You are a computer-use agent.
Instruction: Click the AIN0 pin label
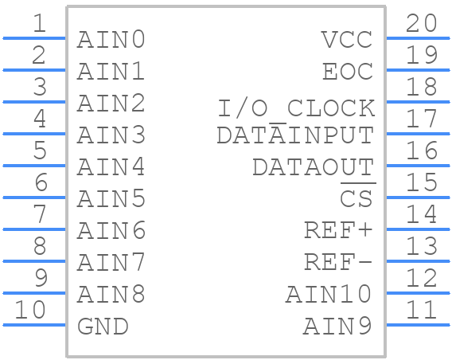[111, 40]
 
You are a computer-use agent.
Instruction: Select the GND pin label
[103, 327]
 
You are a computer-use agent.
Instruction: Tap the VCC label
[347, 40]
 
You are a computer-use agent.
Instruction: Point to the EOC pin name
[348, 72]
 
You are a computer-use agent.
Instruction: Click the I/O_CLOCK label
[296, 108]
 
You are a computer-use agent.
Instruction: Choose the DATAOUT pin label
[313, 167]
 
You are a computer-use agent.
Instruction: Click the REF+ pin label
[338, 230]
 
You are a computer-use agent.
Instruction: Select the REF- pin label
[338, 263]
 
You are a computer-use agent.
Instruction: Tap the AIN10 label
[329, 294]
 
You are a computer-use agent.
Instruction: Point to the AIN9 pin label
[337, 327]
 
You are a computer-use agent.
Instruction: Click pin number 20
[421, 23]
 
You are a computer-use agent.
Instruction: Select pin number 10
[30, 310]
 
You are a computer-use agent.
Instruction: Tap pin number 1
[40, 23]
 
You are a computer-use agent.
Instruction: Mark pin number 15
[422, 182]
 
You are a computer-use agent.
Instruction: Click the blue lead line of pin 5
[34, 166]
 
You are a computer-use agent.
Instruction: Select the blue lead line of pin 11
[418, 325]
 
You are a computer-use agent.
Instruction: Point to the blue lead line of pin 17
[418, 134]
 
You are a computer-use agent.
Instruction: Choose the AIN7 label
[111, 263]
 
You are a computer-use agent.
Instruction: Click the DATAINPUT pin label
[295, 135]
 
